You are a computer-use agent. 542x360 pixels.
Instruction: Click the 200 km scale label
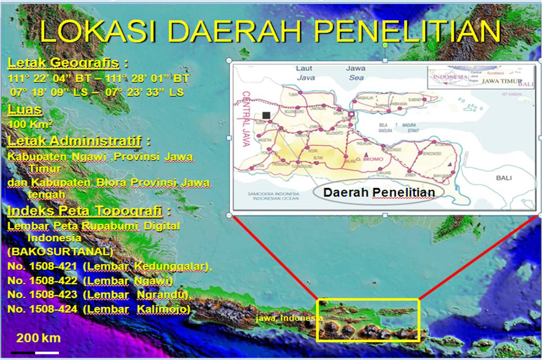(38, 338)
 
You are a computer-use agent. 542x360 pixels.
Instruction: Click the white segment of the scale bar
(47, 353)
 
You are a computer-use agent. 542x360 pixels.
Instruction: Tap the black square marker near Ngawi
(266, 115)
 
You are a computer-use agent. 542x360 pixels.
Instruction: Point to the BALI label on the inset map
(504, 178)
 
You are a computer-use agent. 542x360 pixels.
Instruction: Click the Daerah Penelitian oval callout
(379, 192)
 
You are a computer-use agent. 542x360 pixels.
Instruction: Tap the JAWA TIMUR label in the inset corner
(501, 81)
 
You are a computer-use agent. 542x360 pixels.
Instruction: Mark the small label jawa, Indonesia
(289, 318)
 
